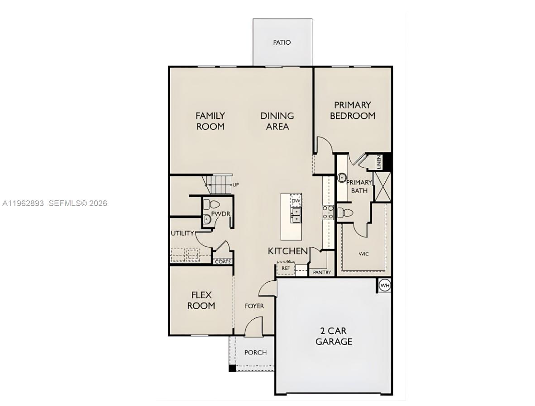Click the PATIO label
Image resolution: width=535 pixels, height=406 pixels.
pyautogui.click(x=282, y=42)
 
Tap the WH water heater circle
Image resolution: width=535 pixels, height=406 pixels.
pyautogui.click(x=384, y=285)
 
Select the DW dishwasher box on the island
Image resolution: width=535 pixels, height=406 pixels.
pyautogui.click(x=296, y=201)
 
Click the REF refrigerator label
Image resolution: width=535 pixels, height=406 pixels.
pyautogui.click(x=286, y=268)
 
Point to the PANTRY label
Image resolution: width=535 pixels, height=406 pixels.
pyautogui.click(x=322, y=273)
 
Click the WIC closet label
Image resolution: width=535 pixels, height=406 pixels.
pyautogui.click(x=363, y=254)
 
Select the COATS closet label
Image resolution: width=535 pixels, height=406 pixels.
pyautogui.click(x=223, y=262)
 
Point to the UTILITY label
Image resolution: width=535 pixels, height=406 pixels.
pyautogui.click(x=182, y=233)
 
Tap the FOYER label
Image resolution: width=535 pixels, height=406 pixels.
pyautogui.click(x=254, y=306)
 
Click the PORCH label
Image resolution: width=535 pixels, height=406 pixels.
pyautogui.click(x=255, y=353)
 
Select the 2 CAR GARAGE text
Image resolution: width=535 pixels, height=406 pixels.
pyautogui.click(x=334, y=336)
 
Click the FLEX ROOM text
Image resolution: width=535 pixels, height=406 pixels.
pyautogui.click(x=201, y=300)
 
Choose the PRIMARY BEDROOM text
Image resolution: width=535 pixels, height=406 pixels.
pyautogui.click(x=353, y=110)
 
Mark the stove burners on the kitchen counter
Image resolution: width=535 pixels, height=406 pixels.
pyautogui.click(x=328, y=212)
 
